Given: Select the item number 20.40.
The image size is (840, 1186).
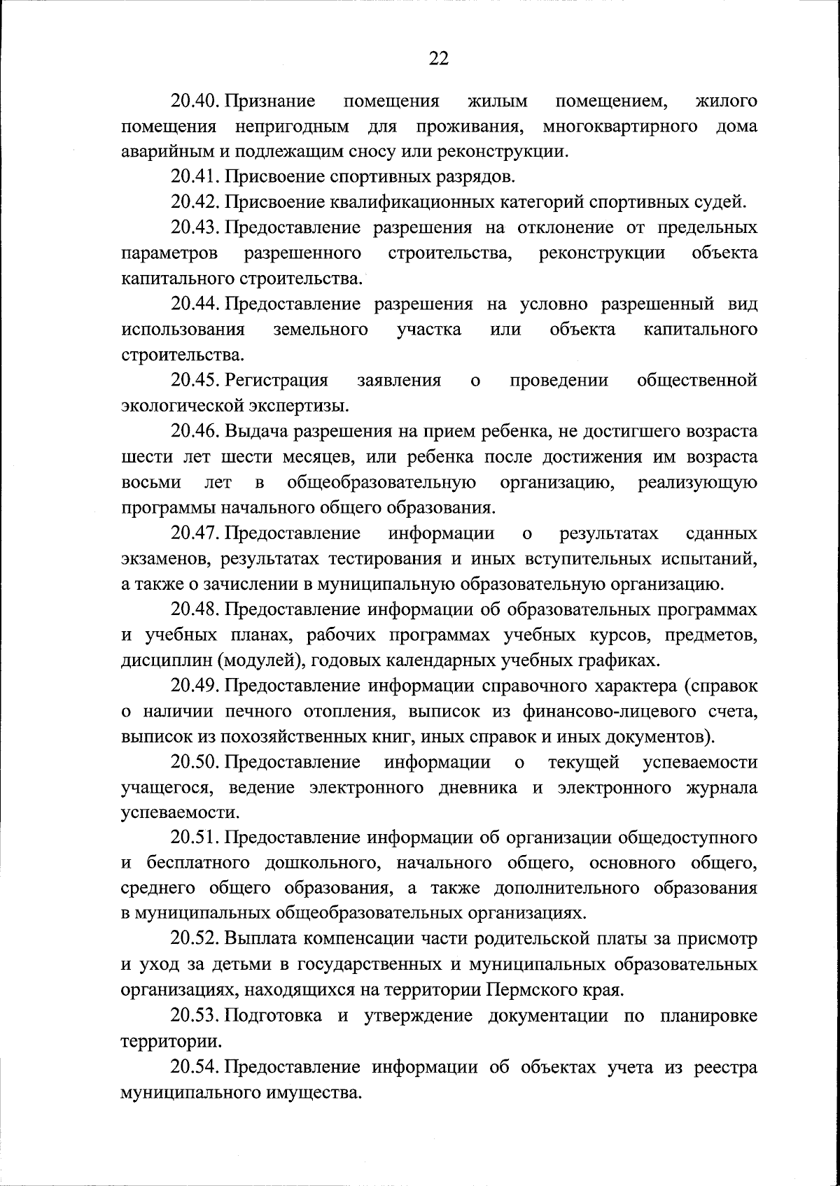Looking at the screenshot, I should click(x=196, y=101).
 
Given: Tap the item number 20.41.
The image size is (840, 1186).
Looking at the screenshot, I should click(x=196, y=177).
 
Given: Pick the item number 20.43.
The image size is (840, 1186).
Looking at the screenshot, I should click(x=196, y=228).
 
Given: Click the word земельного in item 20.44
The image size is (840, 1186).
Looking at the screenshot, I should click(x=320, y=330).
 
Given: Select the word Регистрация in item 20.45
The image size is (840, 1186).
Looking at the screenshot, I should click(x=276, y=381).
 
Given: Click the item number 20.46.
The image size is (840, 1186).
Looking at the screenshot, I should click(x=196, y=432).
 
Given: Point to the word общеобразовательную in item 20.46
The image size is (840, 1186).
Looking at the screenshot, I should click(x=381, y=483).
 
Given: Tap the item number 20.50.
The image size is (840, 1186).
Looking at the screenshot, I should click(x=196, y=762).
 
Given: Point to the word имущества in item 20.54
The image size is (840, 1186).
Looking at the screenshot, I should click(x=314, y=1092).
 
